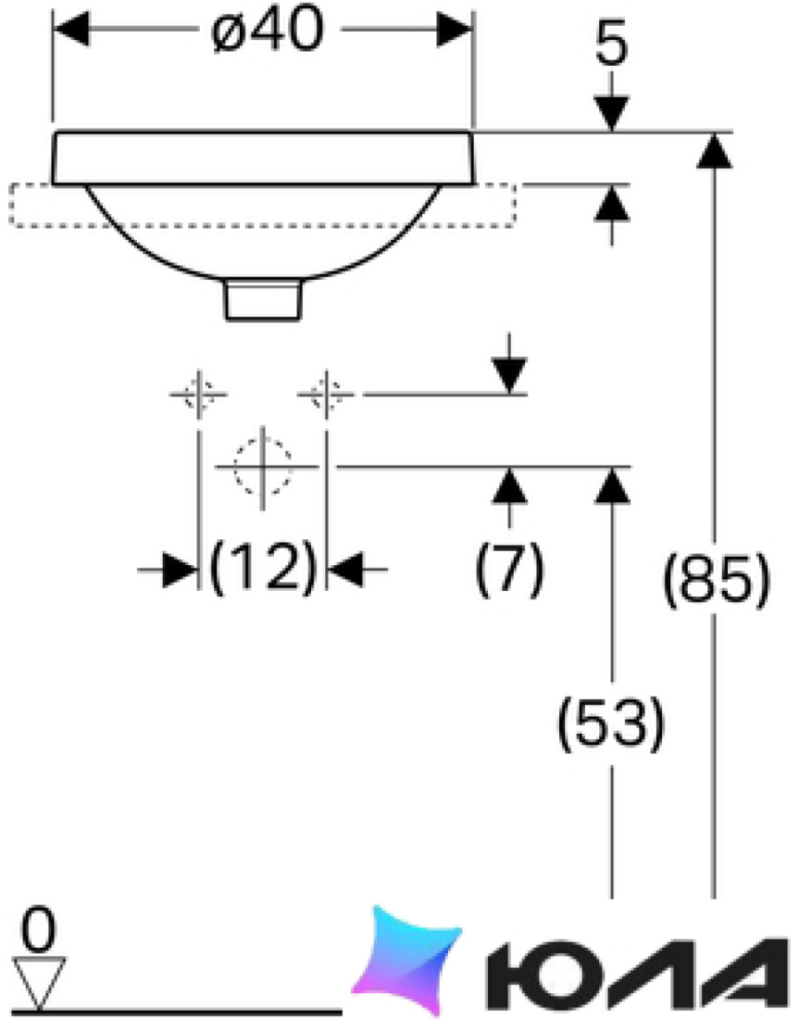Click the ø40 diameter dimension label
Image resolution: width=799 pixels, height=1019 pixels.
[267, 30]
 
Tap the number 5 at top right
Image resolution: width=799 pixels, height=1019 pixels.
[612, 46]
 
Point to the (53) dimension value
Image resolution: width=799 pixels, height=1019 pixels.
[611, 722]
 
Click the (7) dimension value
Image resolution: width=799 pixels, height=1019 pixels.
[509, 568]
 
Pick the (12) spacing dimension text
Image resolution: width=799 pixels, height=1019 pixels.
[262, 566]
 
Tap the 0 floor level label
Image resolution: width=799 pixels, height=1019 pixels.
[39, 931]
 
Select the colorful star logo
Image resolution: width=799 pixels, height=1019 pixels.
[405, 960]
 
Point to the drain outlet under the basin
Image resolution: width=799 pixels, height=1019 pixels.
[263, 299]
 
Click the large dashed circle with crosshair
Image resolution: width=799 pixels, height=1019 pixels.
[262, 467]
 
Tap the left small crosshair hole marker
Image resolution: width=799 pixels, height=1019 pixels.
[199, 394]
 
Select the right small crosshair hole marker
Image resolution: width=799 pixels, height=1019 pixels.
[326, 394]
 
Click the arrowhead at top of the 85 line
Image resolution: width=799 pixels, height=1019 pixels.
[715, 150]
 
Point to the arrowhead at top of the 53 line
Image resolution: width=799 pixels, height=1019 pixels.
[612, 484]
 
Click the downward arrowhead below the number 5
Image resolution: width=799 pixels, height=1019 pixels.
[612, 113]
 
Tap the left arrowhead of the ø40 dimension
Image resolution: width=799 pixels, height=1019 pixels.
[70, 30]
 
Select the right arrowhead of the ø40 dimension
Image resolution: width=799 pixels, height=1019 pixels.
[455, 30]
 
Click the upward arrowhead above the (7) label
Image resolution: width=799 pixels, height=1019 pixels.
[509, 484]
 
